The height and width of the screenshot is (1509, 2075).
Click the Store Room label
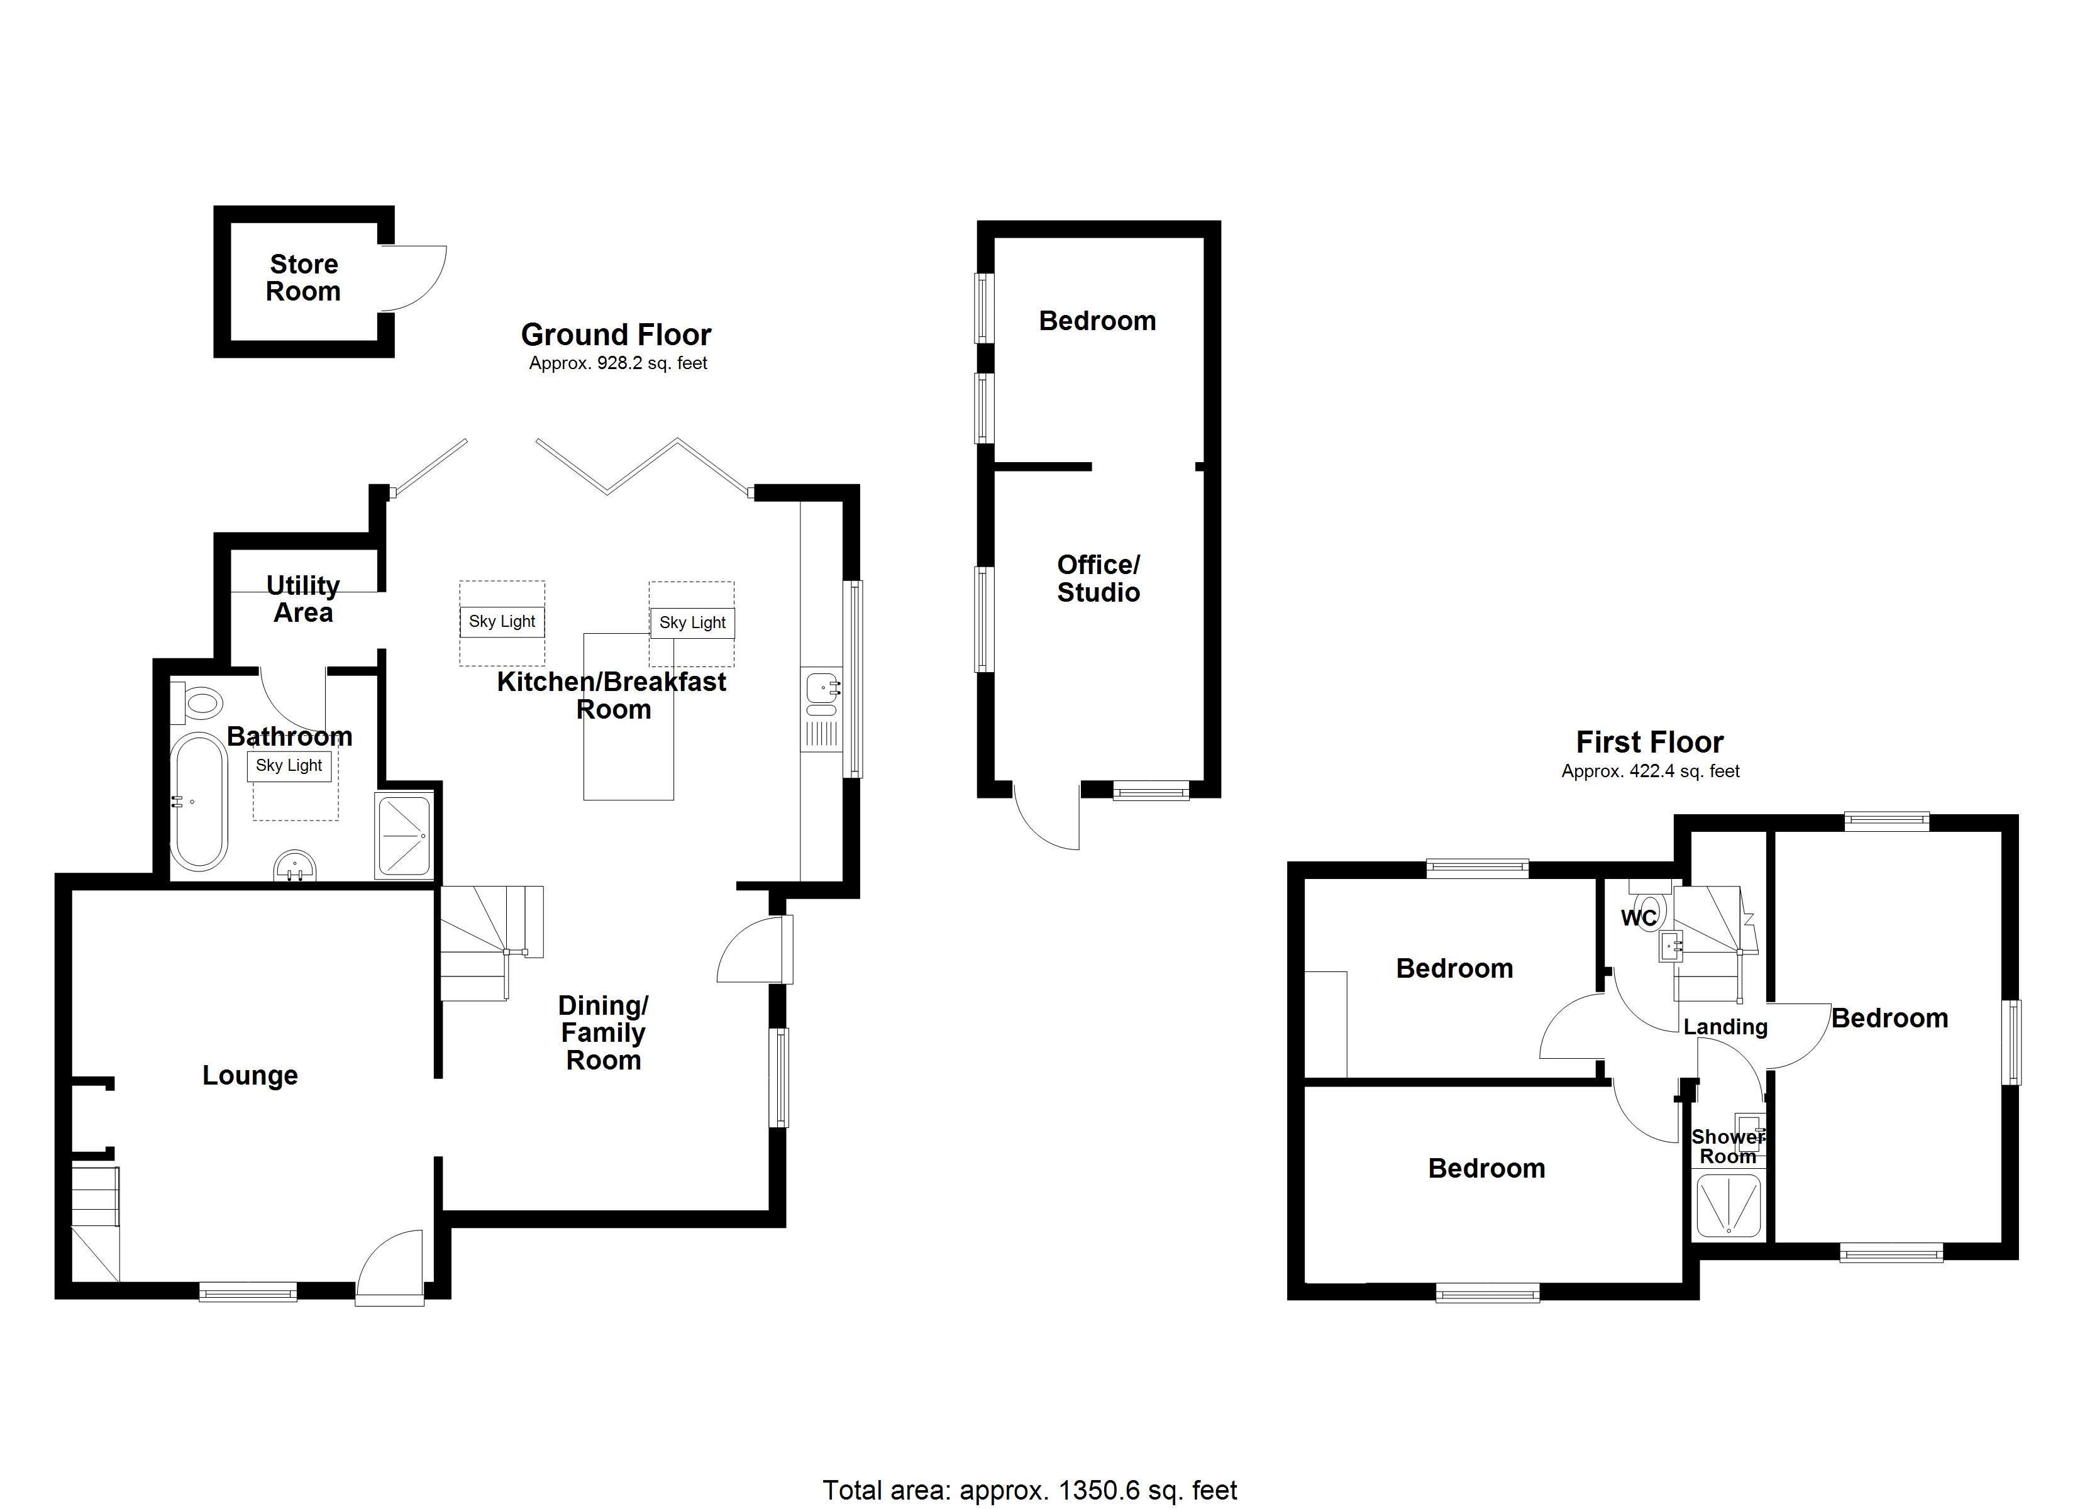[304, 278]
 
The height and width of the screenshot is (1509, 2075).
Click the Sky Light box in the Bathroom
[289, 766]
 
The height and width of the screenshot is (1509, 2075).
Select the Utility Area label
[303, 599]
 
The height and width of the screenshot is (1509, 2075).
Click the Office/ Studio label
[1098, 578]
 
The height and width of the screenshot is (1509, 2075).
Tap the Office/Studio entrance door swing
[1046, 817]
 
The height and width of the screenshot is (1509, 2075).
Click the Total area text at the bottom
[1029, 1491]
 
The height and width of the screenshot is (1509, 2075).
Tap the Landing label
[1725, 1027]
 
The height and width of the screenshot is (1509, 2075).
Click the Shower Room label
[1727, 1147]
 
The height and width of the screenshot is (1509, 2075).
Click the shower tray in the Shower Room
[1729, 1206]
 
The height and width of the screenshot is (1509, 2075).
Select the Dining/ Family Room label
[603, 1033]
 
